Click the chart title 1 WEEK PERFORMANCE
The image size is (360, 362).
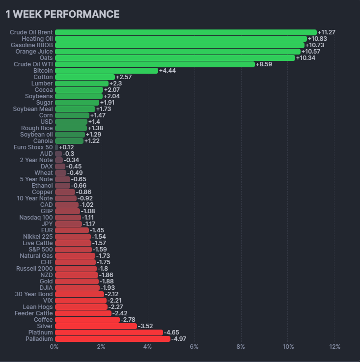point(62,14)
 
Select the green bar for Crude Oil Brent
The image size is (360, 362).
point(186,32)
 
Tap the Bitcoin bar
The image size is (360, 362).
point(107,71)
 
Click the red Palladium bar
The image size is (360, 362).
point(112,339)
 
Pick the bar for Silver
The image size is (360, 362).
point(96,326)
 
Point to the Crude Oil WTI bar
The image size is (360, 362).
point(155,64)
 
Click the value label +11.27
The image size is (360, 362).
point(327,32)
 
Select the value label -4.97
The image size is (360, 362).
point(179,339)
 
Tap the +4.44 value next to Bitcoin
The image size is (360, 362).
point(167,71)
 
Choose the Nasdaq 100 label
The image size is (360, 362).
point(36,218)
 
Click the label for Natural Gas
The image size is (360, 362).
point(36,256)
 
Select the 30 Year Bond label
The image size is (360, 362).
point(34,294)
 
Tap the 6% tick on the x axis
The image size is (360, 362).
point(194,347)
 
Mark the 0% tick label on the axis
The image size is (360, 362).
point(55,347)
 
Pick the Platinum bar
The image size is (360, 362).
point(109,333)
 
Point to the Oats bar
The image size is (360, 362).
point(175,58)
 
